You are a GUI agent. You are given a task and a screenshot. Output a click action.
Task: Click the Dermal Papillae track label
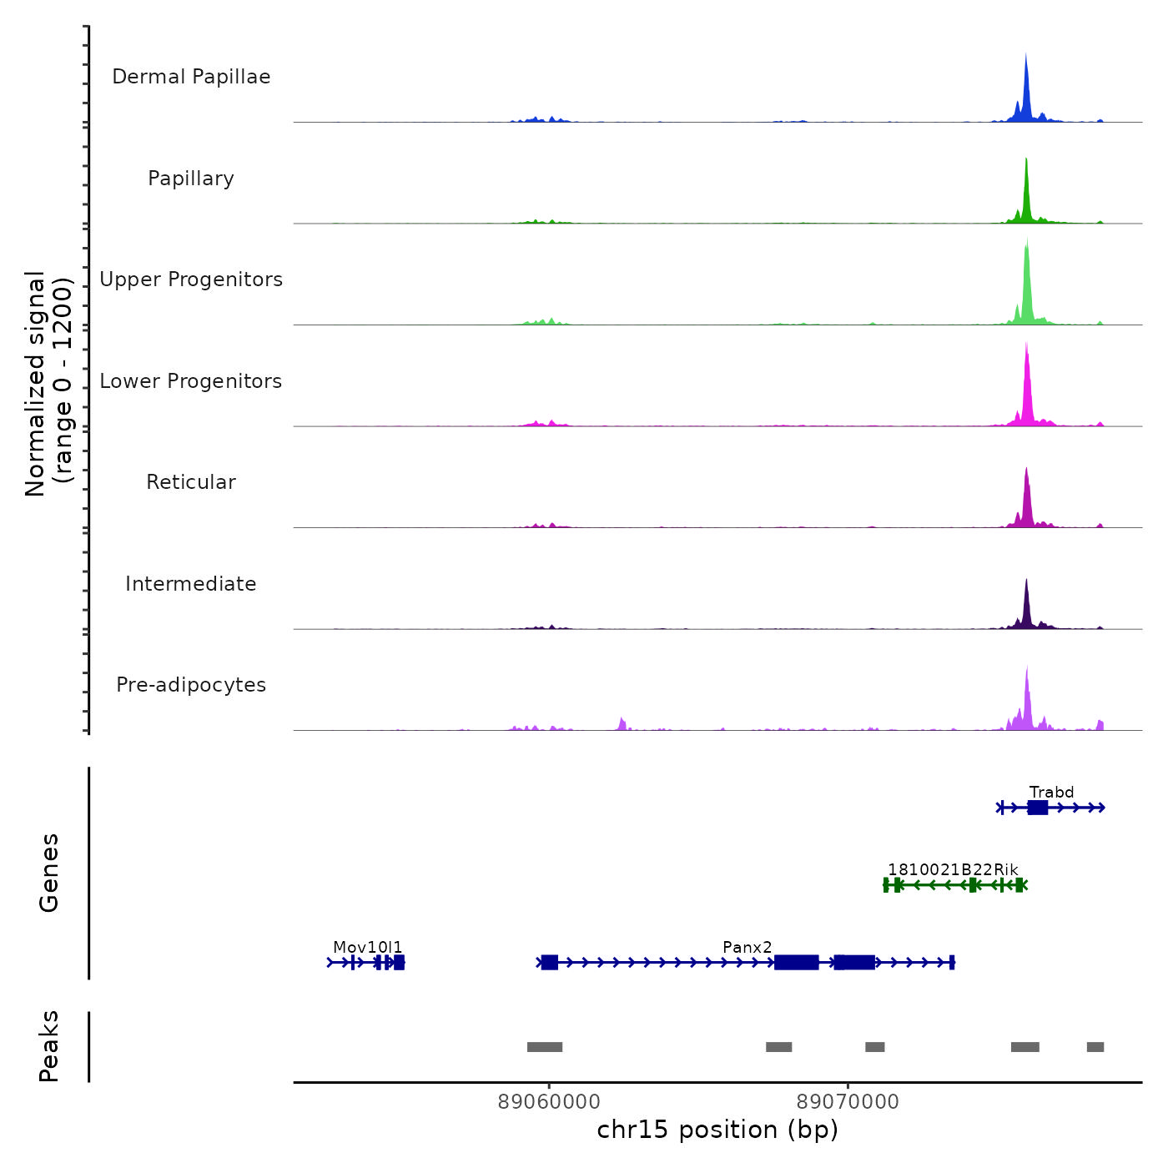click(x=191, y=77)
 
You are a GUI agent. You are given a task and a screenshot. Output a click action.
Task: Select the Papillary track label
click(x=191, y=179)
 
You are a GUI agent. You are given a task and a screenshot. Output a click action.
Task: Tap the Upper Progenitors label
click(x=191, y=279)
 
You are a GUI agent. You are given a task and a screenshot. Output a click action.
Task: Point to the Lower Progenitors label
click(x=191, y=381)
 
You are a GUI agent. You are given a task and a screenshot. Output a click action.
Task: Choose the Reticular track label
click(x=191, y=482)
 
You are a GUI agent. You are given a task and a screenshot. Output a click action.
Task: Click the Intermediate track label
click(x=191, y=584)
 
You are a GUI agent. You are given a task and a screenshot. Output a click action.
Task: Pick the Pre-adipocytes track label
click(x=191, y=685)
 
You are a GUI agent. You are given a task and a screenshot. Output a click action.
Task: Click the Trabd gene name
click(x=1051, y=792)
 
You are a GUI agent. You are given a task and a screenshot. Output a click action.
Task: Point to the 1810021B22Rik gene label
click(x=953, y=869)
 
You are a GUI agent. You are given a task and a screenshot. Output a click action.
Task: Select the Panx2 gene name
click(x=747, y=947)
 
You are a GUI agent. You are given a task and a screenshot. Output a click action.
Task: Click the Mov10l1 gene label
click(x=367, y=947)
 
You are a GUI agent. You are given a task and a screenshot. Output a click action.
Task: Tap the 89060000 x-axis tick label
click(x=549, y=1101)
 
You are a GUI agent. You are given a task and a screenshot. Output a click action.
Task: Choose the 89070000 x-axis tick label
click(x=848, y=1101)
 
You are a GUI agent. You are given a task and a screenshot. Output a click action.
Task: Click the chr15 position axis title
click(x=717, y=1130)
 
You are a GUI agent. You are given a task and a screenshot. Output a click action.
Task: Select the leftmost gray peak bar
click(x=545, y=1047)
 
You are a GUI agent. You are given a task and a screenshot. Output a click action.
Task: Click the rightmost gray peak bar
click(x=1095, y=1047)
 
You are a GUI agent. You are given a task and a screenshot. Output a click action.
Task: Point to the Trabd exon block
click(x=1038, y=807)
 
